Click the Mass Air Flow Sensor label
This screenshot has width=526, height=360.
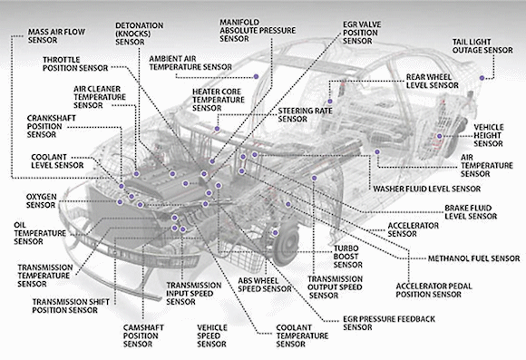click(56, 36)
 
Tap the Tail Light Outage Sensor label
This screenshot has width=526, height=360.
click(482, 46)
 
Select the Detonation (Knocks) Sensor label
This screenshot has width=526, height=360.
click(140, 34)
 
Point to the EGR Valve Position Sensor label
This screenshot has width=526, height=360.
click(362, 33)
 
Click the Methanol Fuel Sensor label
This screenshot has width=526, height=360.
click(473, 258)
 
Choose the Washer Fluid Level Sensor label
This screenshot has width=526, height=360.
click(427, 189)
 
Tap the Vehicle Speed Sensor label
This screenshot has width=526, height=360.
click(212, 336)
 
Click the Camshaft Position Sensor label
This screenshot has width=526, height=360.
click(143, 336)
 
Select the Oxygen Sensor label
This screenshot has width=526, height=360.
click(41, 200)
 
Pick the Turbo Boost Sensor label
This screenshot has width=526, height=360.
click(347, 257)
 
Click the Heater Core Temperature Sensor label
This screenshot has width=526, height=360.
click(218, 100)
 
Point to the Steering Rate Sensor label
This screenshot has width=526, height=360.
click(305, 115)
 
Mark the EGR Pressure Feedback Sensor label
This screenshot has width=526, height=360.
click(389, 323)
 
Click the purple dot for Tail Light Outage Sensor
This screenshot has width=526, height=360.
click(482, 78)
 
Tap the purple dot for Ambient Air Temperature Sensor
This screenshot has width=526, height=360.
click(256, 76)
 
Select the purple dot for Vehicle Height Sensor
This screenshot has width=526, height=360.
click(440, 136)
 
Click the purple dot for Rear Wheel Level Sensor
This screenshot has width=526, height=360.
click(330, 102)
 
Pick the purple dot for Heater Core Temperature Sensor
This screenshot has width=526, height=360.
click(217, 129)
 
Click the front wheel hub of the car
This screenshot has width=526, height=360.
click(285, 245)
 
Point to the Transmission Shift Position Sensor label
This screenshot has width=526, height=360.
click(71, 306)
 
